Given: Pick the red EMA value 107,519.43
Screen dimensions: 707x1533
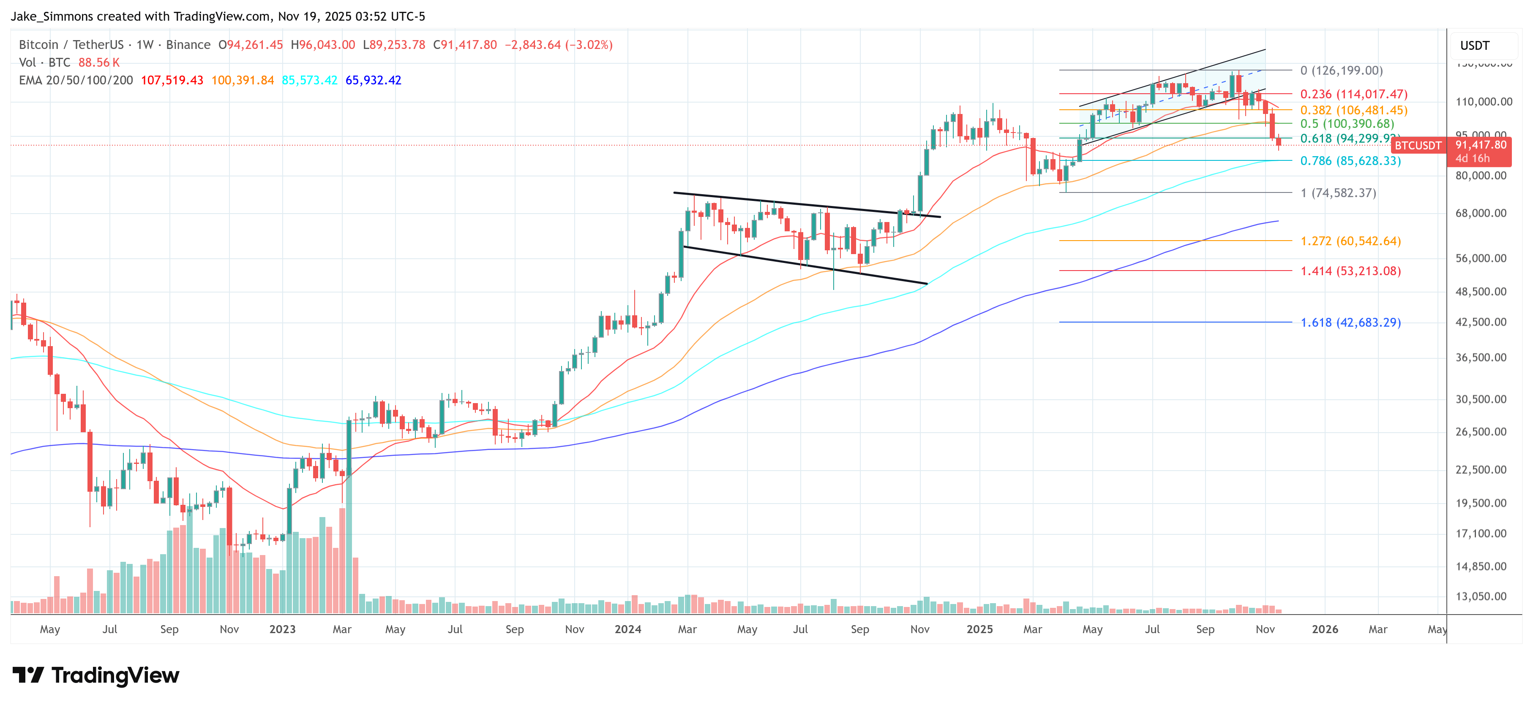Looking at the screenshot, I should pyautogui.click(x=172, y=80).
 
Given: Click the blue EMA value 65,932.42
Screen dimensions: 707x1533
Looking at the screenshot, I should pyautogui.click(x=373, y=80).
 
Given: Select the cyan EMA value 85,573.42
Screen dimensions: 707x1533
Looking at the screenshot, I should pyautogui.click(x=309, y=80).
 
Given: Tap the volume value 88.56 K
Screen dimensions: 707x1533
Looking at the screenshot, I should pyautogui.click(x=99, y=62).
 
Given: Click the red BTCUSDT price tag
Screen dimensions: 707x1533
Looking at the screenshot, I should pyautogui.click(x=1418, y=146).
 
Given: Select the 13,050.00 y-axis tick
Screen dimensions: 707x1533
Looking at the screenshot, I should pyautogui.click(x=1481, y=596).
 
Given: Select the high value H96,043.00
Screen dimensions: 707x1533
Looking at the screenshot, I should pyautogui.click(x=323, y=45).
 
